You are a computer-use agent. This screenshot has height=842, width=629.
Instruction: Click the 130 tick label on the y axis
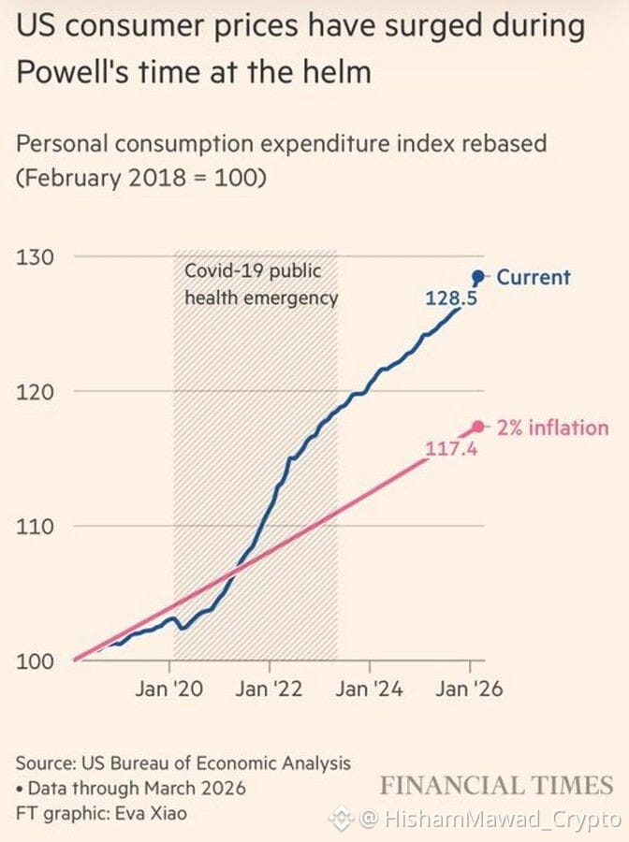35,257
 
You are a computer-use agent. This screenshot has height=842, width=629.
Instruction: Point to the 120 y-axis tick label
35,392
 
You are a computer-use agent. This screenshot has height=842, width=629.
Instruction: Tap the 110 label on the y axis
35,526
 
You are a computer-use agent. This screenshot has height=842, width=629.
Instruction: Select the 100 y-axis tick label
35,661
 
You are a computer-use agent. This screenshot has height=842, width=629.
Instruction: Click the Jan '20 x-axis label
169,689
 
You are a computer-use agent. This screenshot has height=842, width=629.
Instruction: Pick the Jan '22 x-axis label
269,689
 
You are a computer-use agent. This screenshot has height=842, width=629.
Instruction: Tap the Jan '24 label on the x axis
369,689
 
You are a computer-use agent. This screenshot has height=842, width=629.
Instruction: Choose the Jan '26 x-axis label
469,689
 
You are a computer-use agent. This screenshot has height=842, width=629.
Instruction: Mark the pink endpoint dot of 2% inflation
477,427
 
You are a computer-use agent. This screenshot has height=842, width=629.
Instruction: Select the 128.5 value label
451,298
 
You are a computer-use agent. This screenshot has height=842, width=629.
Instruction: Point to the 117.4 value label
451,448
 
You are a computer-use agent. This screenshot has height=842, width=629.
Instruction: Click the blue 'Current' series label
534,277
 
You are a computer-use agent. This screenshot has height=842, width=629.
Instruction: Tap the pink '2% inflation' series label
553,428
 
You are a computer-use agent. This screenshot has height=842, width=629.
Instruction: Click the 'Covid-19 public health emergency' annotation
261,284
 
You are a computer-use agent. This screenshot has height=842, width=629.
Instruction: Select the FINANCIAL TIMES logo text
497,785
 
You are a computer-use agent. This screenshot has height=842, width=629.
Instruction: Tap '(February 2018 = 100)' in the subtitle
141,178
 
